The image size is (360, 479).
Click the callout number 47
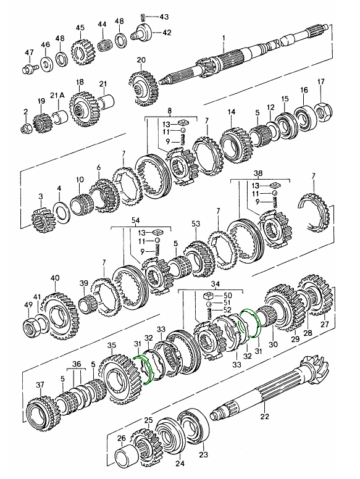click(x=29, y=52)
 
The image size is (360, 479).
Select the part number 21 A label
click(x=57, y=95)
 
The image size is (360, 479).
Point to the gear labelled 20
click(x=144, y=88)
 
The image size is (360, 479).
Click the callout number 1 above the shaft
click(x=224, y=38)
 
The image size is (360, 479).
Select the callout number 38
click(x=258, y=174)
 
